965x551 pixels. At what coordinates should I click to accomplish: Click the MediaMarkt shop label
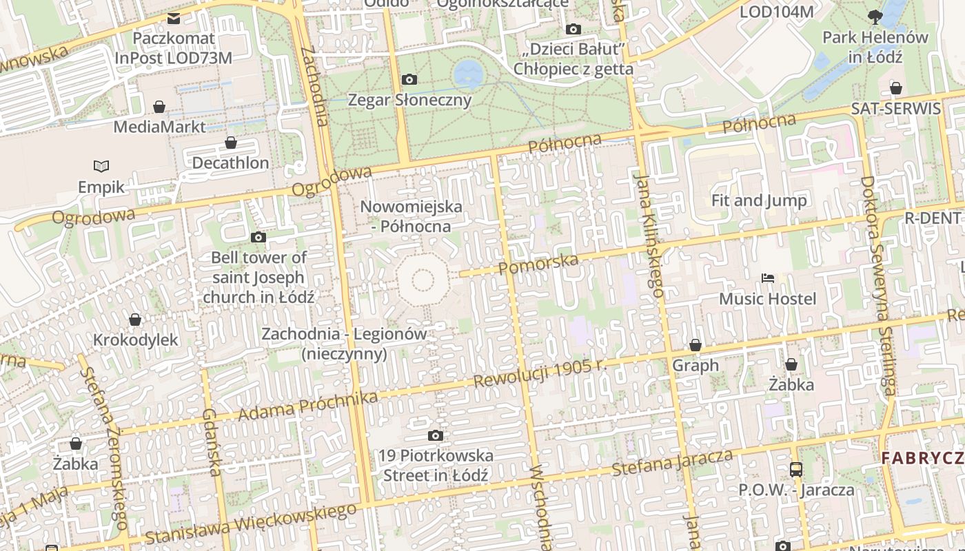point(159,127)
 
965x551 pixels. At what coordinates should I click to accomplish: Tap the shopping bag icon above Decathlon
point(231,143)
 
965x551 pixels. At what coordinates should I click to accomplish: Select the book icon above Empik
point(101,166)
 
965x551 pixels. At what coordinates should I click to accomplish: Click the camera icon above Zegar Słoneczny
point(409,79)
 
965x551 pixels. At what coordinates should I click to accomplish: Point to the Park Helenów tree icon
point(875,17)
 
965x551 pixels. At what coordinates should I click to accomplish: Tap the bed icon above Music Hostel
point(768,278)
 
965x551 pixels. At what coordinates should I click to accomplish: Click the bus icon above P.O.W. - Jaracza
point(796,470)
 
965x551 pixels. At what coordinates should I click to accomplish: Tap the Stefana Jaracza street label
point(673,463)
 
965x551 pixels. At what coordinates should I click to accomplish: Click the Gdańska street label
point(211,441)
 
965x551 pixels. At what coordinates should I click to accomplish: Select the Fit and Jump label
point(759,200)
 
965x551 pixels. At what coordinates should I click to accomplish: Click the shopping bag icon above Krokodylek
point(135,320)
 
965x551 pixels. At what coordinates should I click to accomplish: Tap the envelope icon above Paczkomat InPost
point(174,19)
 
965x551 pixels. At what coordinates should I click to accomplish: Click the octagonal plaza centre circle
point(423,280)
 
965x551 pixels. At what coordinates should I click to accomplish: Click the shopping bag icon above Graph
point(695,345)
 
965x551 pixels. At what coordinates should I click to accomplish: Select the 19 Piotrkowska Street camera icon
point(435,435)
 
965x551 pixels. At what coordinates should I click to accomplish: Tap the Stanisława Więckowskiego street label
point(251,525)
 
